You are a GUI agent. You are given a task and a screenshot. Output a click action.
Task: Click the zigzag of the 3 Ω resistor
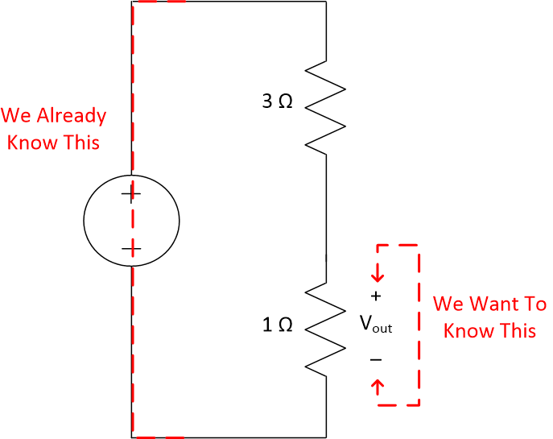tap(326, 105)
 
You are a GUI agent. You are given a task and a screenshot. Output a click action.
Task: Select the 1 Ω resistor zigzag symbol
tap(326, 326)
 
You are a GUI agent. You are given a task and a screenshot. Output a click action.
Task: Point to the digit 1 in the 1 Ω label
tap(268, 325)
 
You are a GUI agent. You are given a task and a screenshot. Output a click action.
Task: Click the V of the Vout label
tap(366, 324)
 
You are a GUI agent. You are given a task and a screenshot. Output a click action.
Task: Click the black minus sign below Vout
tap(376, 359)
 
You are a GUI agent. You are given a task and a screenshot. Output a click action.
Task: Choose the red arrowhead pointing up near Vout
tap(378, 386)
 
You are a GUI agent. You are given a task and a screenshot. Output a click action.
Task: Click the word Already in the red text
tap(72, 116)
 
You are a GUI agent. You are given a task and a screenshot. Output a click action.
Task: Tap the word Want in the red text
tap(493, 304)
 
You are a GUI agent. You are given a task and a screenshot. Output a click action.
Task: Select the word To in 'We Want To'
tap(534, 304)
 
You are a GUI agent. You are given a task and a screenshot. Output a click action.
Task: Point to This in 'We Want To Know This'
tap(517, 331)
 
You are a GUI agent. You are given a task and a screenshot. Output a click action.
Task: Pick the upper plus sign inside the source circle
tap(130, 194)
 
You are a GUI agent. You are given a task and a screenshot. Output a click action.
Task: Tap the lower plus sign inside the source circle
tap(130, 249)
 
